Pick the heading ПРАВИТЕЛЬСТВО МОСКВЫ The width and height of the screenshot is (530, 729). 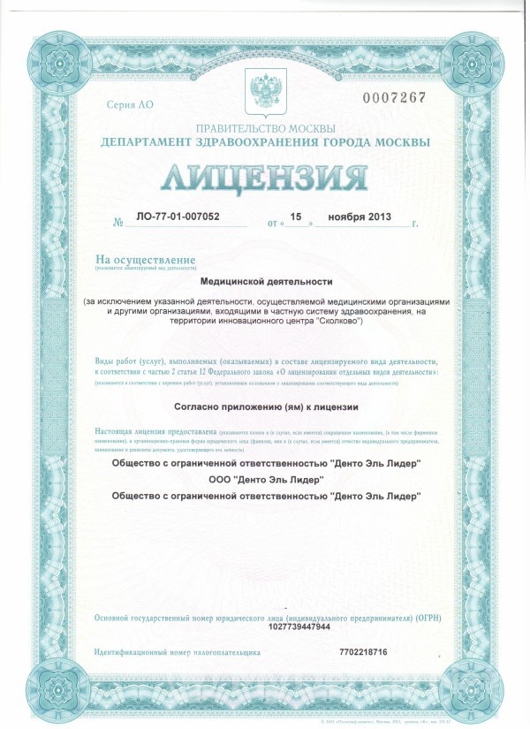pyautogui.click(x=265, y=128)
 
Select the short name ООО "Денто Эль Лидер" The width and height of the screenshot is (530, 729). pyautogui.click(x=265, y=479)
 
